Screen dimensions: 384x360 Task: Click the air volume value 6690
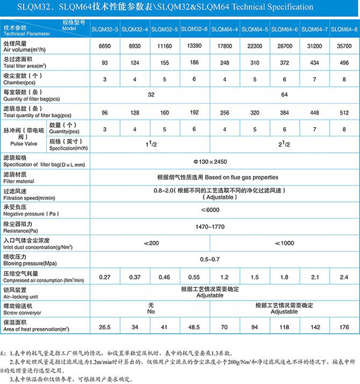click(105, 46)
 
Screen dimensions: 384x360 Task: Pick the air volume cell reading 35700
click(344, 46)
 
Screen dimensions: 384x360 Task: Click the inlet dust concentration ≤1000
click(285, 242)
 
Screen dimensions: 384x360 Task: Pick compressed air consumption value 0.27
click(105, 277)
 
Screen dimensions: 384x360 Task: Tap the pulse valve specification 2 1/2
click(285, 144)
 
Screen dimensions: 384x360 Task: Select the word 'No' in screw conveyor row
click(151, 312)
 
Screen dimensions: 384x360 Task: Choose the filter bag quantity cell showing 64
click(285, 94)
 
